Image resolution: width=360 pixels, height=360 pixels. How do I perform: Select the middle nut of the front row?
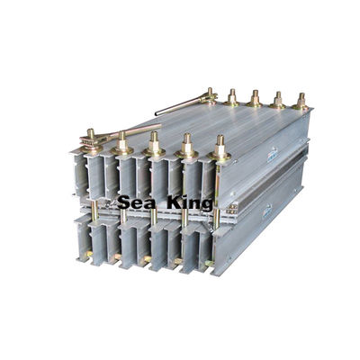tap(154, 143)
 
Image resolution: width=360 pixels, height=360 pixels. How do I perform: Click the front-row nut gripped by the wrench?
tap(90, 136)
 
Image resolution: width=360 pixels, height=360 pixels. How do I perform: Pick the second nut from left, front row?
tap(122, 140)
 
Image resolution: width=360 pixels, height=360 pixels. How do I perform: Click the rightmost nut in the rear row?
tap(301, 100)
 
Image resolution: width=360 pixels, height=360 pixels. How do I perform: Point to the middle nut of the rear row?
tap(254, 96)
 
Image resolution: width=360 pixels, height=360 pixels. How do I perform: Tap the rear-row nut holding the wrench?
tap(211, 93)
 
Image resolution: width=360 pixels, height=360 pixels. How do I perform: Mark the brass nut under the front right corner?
tap(209, 263)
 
